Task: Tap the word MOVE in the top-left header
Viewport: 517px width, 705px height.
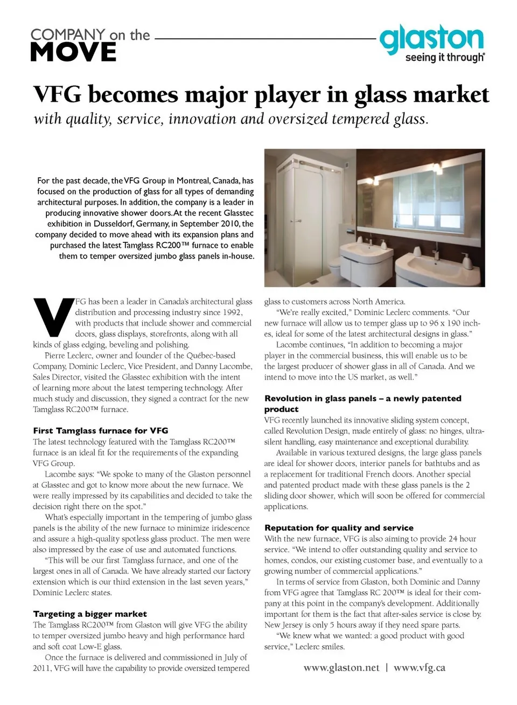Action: click(73, 53)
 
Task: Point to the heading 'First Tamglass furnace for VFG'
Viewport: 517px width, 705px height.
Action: click(101, 430)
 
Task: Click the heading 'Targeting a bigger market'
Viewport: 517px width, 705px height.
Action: click(90, 613)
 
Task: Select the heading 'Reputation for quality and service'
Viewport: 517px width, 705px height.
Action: click(339, 527)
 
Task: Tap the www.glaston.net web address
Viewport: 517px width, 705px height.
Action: click(341, 667)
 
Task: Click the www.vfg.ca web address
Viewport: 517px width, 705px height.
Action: click(420, 667)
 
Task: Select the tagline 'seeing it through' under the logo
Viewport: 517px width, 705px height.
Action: click(444, 57)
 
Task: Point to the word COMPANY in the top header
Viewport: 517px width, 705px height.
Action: click(68, 34)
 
